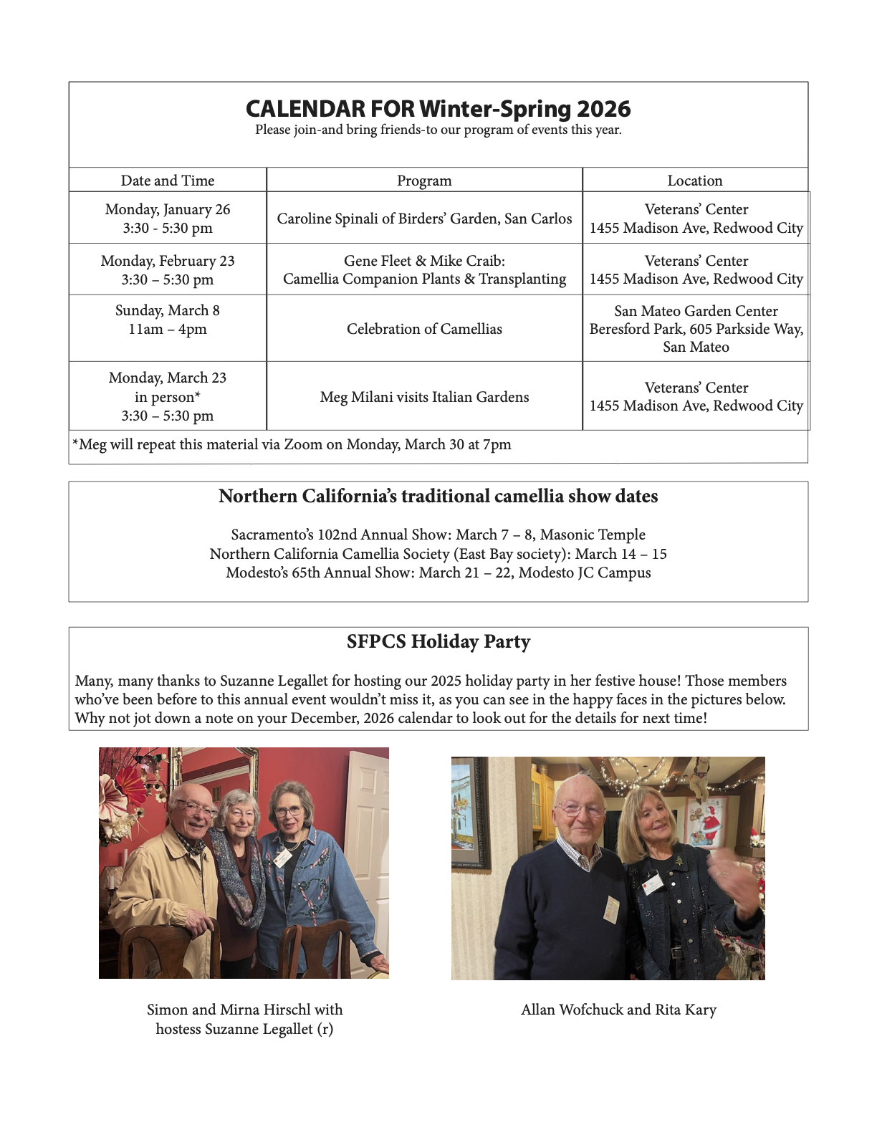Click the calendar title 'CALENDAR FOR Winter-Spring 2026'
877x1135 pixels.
point(438,109)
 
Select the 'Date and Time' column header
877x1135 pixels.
point(168,181)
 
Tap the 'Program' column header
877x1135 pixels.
point(424,181)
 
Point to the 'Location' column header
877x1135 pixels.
point(695,181)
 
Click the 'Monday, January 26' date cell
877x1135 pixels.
point(168,218)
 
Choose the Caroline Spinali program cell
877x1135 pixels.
point(424,219)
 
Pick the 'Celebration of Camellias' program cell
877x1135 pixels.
point(424,329)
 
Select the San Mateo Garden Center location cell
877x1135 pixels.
point(696,329)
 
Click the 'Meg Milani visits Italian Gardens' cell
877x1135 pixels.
point(424,397)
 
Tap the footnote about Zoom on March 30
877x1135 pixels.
point(292,444)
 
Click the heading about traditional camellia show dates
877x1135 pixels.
point(438,496)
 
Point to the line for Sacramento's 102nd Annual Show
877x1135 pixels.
point(438,535)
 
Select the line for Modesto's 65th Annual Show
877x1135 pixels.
point(438,573)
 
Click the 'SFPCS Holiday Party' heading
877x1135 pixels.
point(438,641)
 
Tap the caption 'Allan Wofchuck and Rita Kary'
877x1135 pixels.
point(618,1010)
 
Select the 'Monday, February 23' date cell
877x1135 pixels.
point(168,269)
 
